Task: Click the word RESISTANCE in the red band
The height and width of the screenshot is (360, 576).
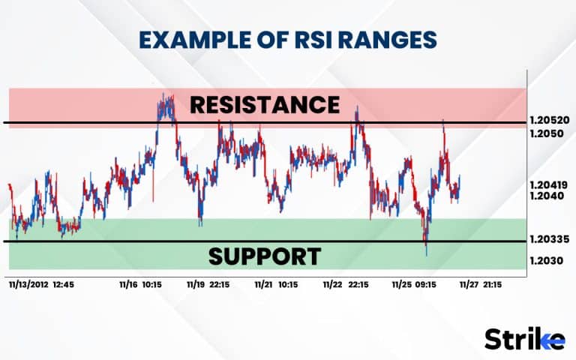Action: tap(265, 104)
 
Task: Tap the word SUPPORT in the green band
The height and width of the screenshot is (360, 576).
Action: tap(265, 256)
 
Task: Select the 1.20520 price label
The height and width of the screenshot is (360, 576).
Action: tap(549, 120)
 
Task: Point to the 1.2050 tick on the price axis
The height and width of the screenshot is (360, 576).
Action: tap(546, 133)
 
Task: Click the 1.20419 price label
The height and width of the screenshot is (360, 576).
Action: tap(549, 184)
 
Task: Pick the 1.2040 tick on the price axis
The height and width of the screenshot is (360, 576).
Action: tap(546, 195)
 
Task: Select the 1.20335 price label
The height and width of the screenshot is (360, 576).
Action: tap(549, 240)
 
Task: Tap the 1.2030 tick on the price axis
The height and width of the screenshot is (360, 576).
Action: tap(546, 260)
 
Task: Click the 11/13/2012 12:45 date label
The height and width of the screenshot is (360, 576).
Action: tap(41, 285)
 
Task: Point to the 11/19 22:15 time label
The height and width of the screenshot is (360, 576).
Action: tap(208, 285)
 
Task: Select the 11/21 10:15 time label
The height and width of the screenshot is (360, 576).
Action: tap(276, 285)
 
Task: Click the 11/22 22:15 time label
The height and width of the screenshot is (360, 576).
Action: tap(345, 285)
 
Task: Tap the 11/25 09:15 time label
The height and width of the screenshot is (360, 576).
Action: tap(415, 285)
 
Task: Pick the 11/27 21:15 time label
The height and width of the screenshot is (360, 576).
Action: tap(481, 285)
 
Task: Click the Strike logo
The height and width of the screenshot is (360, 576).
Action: tap(525, 338)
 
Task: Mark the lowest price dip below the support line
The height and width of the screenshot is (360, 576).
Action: tap(426, 253)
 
